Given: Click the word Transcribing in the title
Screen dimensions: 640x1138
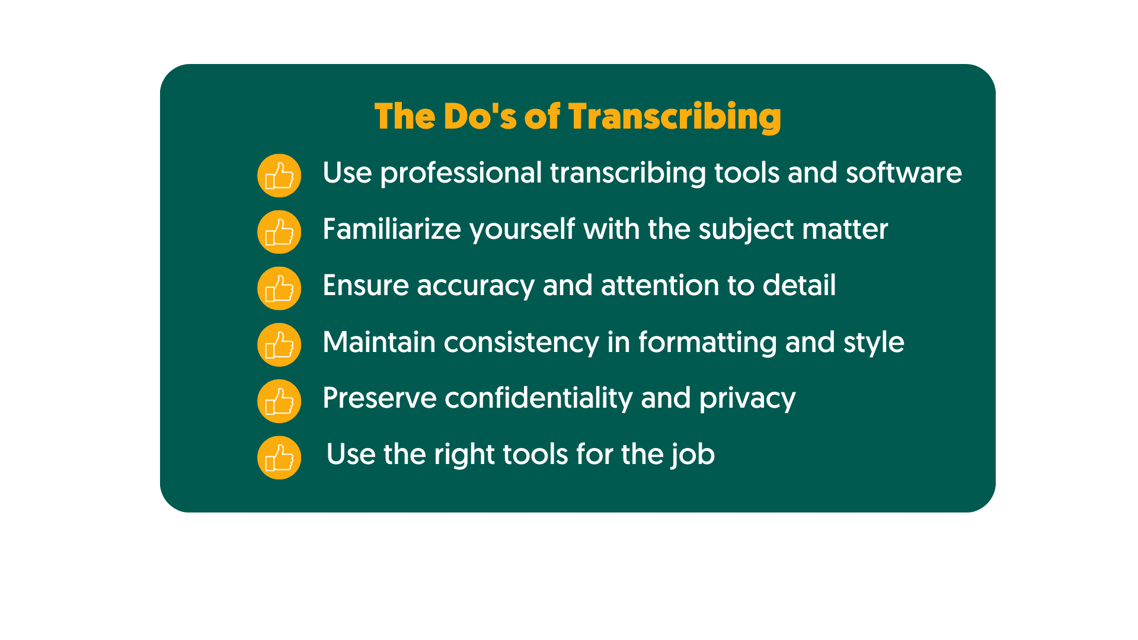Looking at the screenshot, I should point(675,116).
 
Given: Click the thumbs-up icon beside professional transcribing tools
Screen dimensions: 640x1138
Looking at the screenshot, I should point(279,175).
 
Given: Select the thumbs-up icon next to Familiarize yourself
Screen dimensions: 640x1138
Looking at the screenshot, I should point(279,232).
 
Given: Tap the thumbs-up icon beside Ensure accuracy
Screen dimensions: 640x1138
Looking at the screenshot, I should point(279,288).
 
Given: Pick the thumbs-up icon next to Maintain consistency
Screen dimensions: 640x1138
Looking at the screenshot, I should point(279,344).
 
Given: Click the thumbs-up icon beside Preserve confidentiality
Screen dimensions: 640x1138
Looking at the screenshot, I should point(279,401).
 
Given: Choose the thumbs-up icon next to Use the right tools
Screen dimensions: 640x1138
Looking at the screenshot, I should point(279,457).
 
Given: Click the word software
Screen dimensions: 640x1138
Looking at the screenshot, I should point(903,173).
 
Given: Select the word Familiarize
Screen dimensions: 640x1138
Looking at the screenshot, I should point(391,229).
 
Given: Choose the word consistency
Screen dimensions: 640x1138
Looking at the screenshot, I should point(521,343).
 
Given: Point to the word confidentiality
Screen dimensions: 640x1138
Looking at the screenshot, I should point(538,398).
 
